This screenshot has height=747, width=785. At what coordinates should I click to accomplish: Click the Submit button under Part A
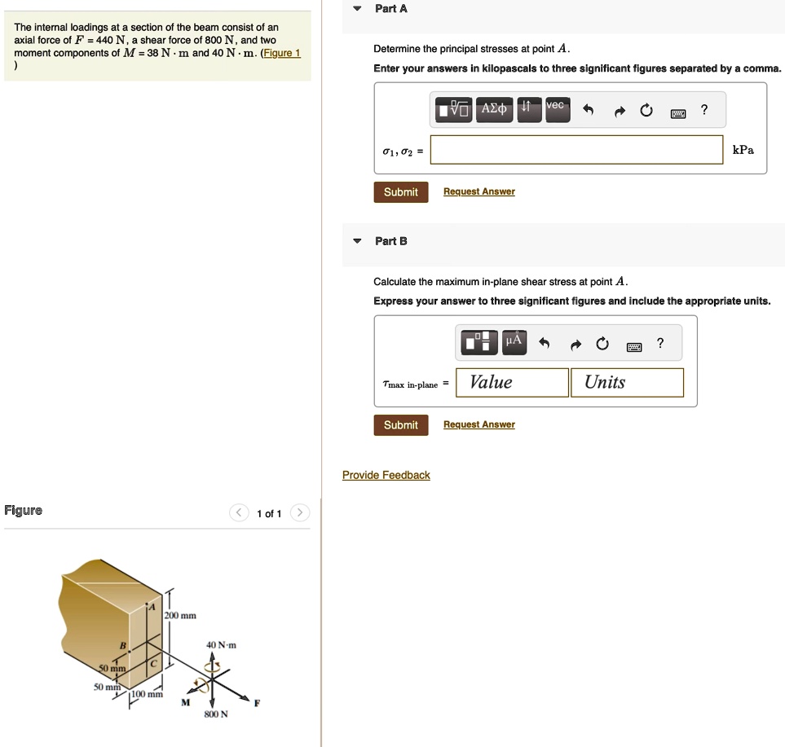[401, 192]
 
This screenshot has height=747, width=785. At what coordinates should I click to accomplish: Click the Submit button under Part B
[401, 425]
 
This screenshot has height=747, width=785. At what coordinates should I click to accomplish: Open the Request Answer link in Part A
[479, 191]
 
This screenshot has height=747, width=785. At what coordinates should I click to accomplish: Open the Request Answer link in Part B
[479, 424]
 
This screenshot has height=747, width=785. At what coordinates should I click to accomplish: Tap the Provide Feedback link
[386, 475]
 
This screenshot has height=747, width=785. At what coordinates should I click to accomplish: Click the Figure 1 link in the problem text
[282, 53]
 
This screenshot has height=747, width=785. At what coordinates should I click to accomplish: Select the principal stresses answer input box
[577, 150]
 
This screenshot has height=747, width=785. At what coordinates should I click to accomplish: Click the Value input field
[512, 383]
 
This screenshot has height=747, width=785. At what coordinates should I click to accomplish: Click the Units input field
[628, 383]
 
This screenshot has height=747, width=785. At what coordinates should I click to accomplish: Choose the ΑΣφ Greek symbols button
[494, 108]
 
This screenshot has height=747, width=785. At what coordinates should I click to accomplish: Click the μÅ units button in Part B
[514, 342]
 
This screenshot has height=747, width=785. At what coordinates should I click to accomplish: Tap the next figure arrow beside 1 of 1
[300, 513]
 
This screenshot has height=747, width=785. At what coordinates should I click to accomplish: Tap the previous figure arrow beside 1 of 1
[239, 513]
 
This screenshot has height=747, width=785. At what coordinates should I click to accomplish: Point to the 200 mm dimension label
[181, 615]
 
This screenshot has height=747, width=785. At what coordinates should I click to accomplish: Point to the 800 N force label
[216, 714]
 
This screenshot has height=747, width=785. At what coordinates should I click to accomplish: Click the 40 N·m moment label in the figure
[221, 645]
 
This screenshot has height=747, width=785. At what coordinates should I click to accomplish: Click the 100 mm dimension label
[148, 694]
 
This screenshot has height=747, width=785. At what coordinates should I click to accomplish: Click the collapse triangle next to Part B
[357, 241]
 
